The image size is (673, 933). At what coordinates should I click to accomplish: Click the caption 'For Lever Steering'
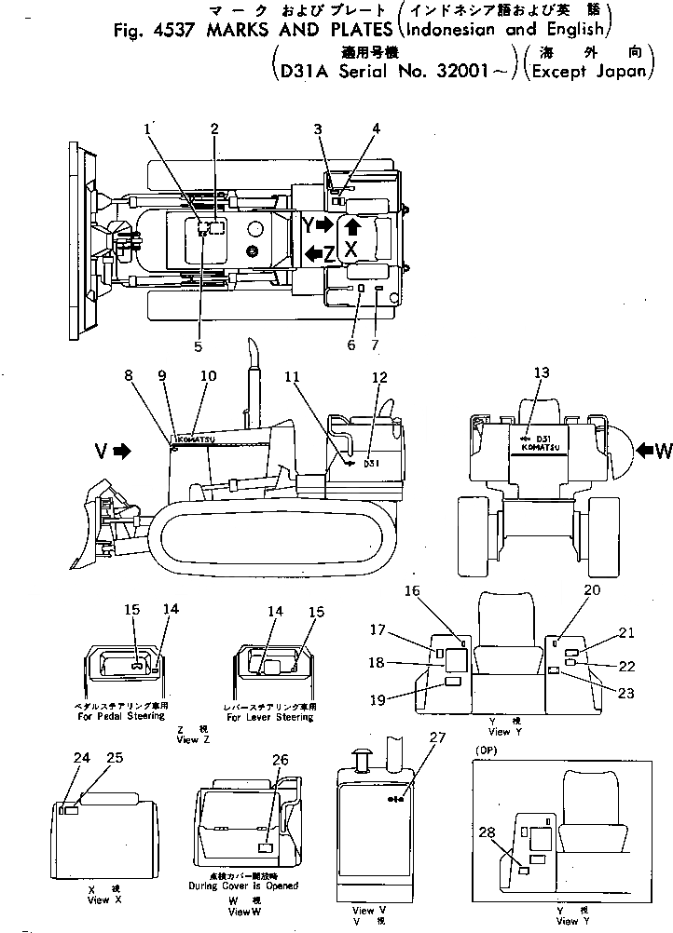pos(270,718)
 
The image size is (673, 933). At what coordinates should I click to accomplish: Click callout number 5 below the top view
pos(198,346)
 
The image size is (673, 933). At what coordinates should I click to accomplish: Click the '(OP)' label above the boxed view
pos(485,749)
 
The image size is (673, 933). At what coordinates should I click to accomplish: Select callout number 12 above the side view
pos(379,377)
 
